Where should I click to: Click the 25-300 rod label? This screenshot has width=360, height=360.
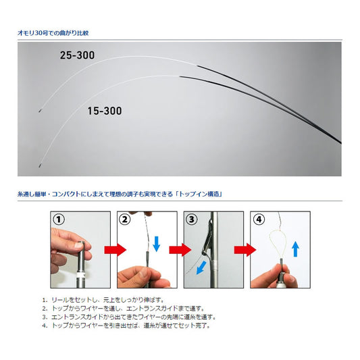click(77, 55)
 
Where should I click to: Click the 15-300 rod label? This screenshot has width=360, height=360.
click(105, 111)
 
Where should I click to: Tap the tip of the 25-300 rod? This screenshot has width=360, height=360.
click(39, 111)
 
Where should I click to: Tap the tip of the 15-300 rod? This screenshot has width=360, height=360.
click(39, 165)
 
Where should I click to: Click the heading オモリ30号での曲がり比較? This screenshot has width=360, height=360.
click(53, 33)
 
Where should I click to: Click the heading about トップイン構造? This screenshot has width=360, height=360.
click(120, 195)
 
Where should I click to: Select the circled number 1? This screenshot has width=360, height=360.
click(59, 220)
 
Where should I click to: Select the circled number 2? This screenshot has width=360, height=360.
click(125, 220)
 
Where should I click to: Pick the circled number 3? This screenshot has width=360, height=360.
click(191, 220)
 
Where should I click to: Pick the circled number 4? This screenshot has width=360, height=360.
click(258, 220)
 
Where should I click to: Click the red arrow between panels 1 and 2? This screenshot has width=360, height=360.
click(115, 250)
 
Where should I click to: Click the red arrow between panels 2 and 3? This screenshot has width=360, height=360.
click(180, 250)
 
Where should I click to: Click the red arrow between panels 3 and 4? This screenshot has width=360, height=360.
click(245, 250)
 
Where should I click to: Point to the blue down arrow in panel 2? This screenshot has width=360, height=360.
click(156, 244)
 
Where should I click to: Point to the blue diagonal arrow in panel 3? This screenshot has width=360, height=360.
click(201, 268)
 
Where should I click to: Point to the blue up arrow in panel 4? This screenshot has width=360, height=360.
click(295, 249)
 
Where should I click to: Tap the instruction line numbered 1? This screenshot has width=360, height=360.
click(103, 300)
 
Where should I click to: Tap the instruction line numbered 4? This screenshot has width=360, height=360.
click(126, 326)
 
